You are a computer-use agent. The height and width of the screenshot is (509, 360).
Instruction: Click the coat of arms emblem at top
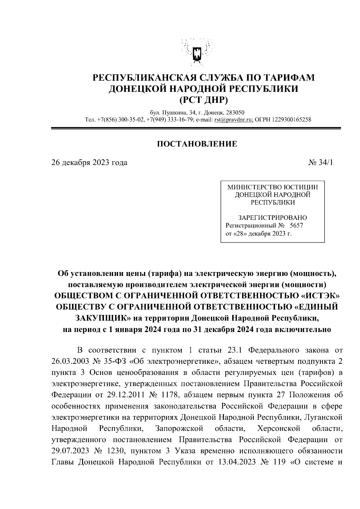(197, 52)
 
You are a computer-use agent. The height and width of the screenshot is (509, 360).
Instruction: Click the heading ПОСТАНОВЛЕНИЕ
(197, 144)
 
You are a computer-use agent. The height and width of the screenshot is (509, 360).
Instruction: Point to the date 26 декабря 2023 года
(89, 163)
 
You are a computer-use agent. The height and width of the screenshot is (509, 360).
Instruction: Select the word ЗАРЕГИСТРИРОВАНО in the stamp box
(272, 217)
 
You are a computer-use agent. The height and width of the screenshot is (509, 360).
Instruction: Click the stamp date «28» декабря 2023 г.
(258, 233)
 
